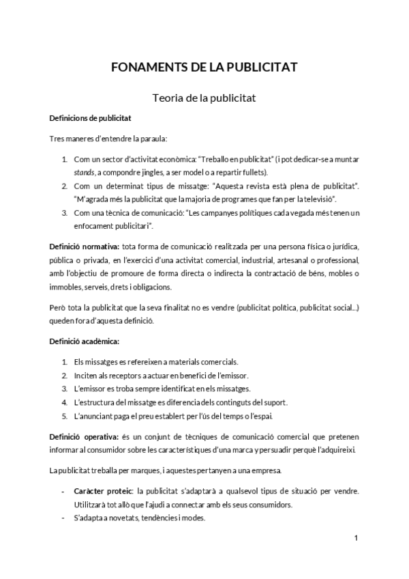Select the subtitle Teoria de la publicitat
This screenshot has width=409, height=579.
[x=204, y=98]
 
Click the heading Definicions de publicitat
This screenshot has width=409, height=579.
[x=91, y=118]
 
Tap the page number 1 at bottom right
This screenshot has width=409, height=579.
[x=356, y=539]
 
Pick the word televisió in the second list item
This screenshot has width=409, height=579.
[x=316, y=199]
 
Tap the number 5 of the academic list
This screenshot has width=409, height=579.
[x=64, y=416]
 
